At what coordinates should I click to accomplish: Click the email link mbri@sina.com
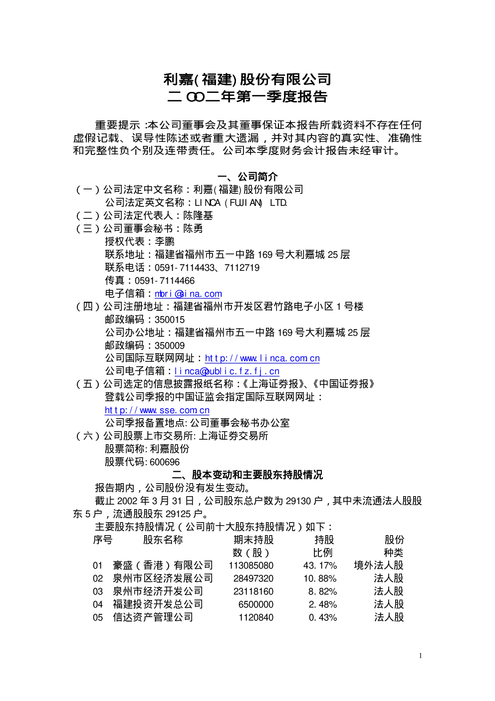click(x=189, y=294)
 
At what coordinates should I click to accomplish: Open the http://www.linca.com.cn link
click(x=262, y=358)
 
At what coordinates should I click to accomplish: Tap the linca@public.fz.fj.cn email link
click(x=227, y=371)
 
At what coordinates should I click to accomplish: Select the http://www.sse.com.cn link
click(x=157, y=410)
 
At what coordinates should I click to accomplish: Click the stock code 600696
click(x=165, y=462)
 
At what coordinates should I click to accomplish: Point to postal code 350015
click(x=170, y=319)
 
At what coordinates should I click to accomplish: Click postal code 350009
click(x=170, y=345)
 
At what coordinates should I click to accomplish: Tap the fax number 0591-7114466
click(x=165, y=281)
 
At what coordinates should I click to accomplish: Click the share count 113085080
click(x=251, y=566)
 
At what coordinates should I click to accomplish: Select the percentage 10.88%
click(x=320, y=578)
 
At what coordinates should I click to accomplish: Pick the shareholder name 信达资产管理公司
click(x=153, y=617)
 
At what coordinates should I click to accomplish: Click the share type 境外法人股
click(x=379, y=565)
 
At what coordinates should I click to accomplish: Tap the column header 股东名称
click(x=163, y=540)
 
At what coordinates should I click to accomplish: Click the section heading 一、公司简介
click(x=247, y=177)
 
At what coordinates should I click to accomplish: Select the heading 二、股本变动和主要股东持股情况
click(x=247, y=475)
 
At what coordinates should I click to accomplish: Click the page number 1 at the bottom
click(x=420, y=656)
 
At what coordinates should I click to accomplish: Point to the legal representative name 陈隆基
click(x=198, y=215)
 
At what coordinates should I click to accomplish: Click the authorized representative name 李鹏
click(x=165, y=241)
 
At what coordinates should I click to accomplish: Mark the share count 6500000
click(x=256, y=604)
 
